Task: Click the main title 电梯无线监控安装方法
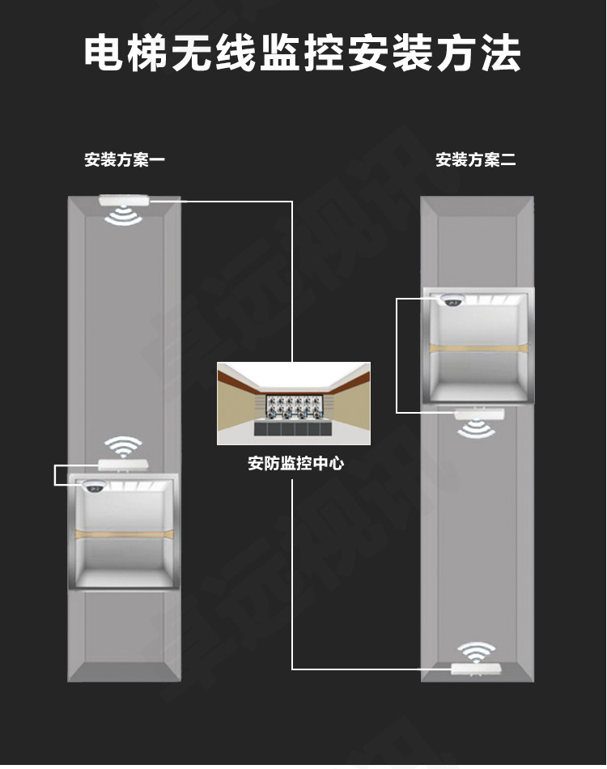pyautogui.click(x=302, y=53)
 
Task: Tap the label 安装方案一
pyautogui.click(x=125, y=160)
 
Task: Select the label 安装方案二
pyautogui.click(x=476, y=160)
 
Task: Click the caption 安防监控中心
pyautogui.click(x=295, y=463)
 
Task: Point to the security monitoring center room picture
pyautogui.click(x=294, y=404)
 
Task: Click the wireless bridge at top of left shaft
pyautogui.click(x=124, y=200)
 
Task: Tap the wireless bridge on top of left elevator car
pyautogui.click(x=123, y=465)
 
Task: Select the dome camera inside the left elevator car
pyautogui.click(x=95, y=486)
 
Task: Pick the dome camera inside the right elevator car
pyautogui.click(x=452, y=300)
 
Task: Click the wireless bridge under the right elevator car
pyautogui.click(x=478, y=414)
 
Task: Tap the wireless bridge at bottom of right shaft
pyautogui.click(x=476, y=669)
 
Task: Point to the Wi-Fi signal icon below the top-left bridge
pyautogui.click(x=124, y=216)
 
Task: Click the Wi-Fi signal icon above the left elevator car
pyautogui.click(x=123, y=447)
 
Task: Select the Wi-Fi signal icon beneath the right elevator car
pyautogui.click(x=476, y=429)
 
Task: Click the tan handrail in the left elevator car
pyautogui.click(x=124, y=534)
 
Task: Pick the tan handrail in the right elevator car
pyautogui.click(x=479, y=349)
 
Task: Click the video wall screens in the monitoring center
pyautogui.click(x=294, y=406)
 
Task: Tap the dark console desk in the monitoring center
pyautogui.click(x=294, y=430)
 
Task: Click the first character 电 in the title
pyautogui.click(x=104, y=53)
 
